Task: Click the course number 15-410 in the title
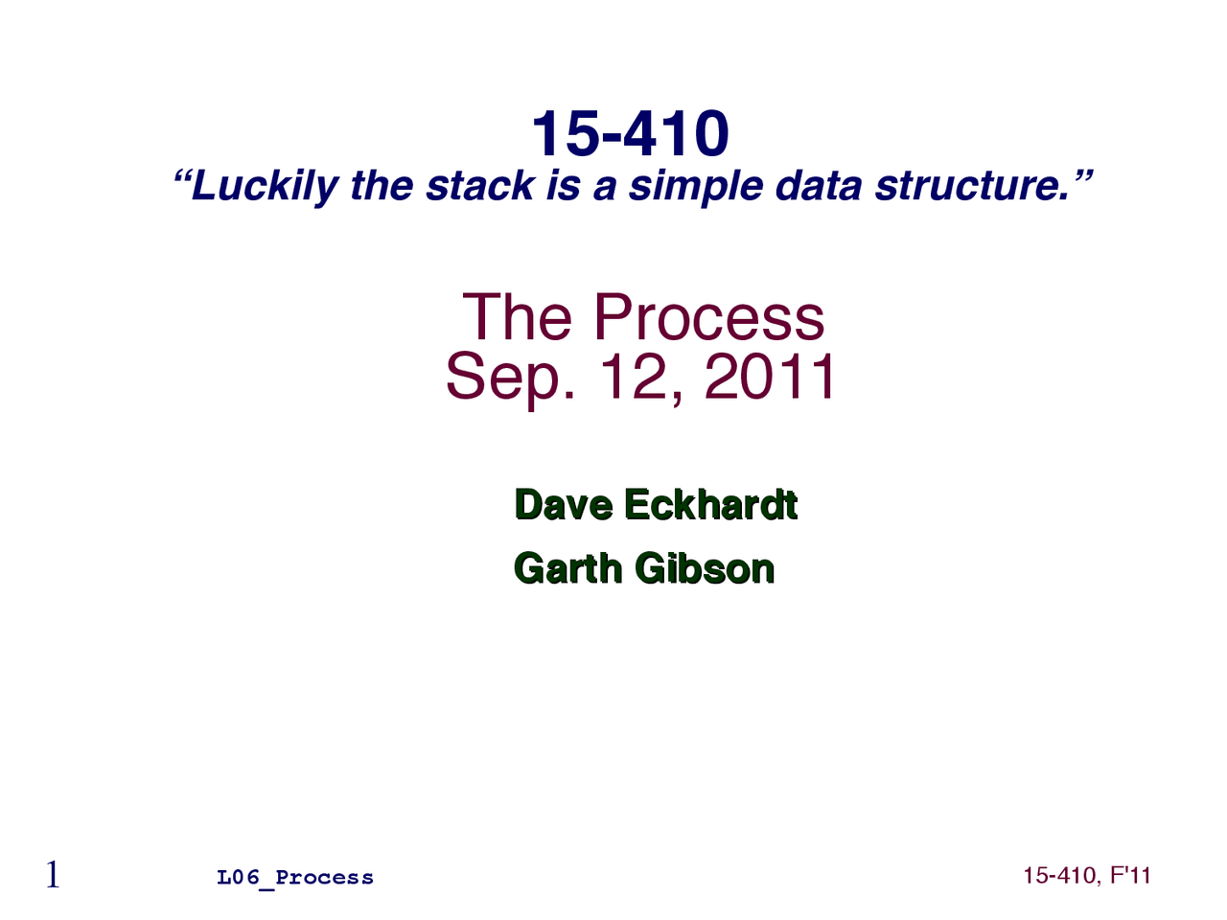click(630, 133)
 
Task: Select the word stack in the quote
click(480, 186)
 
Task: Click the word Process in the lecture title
click(708, 317)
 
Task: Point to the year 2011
click(771, 377)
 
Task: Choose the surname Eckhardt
click(710, 505)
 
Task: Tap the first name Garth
click(568, 568)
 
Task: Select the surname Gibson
click(705, 568)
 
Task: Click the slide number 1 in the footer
click(53, 875)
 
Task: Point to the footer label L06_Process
click(295, 878)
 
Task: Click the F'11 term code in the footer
click(1131, 875)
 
